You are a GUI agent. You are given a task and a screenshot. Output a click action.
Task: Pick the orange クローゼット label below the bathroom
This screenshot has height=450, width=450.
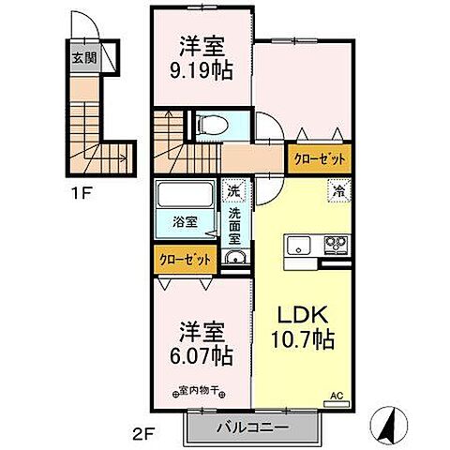[x=184, y=258]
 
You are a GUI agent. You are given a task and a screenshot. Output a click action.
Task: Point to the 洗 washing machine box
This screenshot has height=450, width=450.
[x=233, y=191]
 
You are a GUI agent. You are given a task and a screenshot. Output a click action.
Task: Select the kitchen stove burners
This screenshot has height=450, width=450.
[x=335, y=247]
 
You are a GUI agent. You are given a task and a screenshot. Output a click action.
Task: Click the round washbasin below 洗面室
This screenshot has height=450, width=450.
[x=234, y=260]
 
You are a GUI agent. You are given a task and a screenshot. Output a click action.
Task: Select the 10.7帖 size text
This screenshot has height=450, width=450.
[x=300, y=342]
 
